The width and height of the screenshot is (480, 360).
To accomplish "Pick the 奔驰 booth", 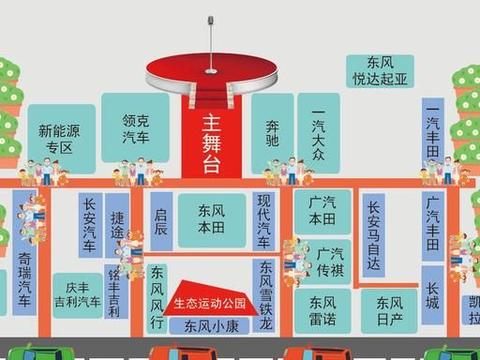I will (272, 134).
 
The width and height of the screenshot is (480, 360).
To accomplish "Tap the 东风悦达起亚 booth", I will (379, 69).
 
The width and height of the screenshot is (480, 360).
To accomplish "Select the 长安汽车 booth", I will (90, 224).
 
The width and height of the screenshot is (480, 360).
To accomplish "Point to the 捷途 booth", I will (119, 224).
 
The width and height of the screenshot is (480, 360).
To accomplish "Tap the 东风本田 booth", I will (210, 220).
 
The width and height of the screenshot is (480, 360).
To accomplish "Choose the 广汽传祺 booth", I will (329, 260).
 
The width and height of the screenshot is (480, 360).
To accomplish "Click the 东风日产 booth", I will (382, 310).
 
